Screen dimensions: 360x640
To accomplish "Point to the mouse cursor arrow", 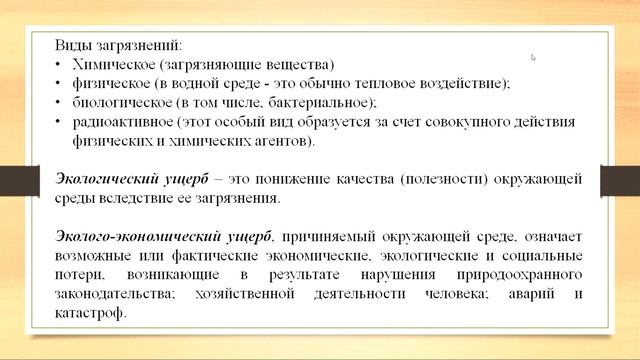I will pos(534,57).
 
